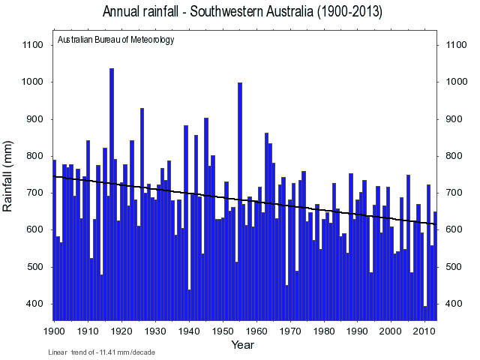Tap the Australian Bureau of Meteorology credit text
(x=115, y=40)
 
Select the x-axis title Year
(x=242, y=345)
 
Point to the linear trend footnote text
(x=101, y=352)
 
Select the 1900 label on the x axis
(x=54, y=331)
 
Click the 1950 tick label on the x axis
(x=223, y=331)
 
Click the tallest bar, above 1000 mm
(x=112, y=187)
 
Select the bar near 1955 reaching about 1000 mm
(x=240, y=195)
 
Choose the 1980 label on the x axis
(x=325, y=331)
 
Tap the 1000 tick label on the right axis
(x=457, y=82)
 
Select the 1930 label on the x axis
(x=155, y=331)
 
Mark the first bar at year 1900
(x=54, y=240)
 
